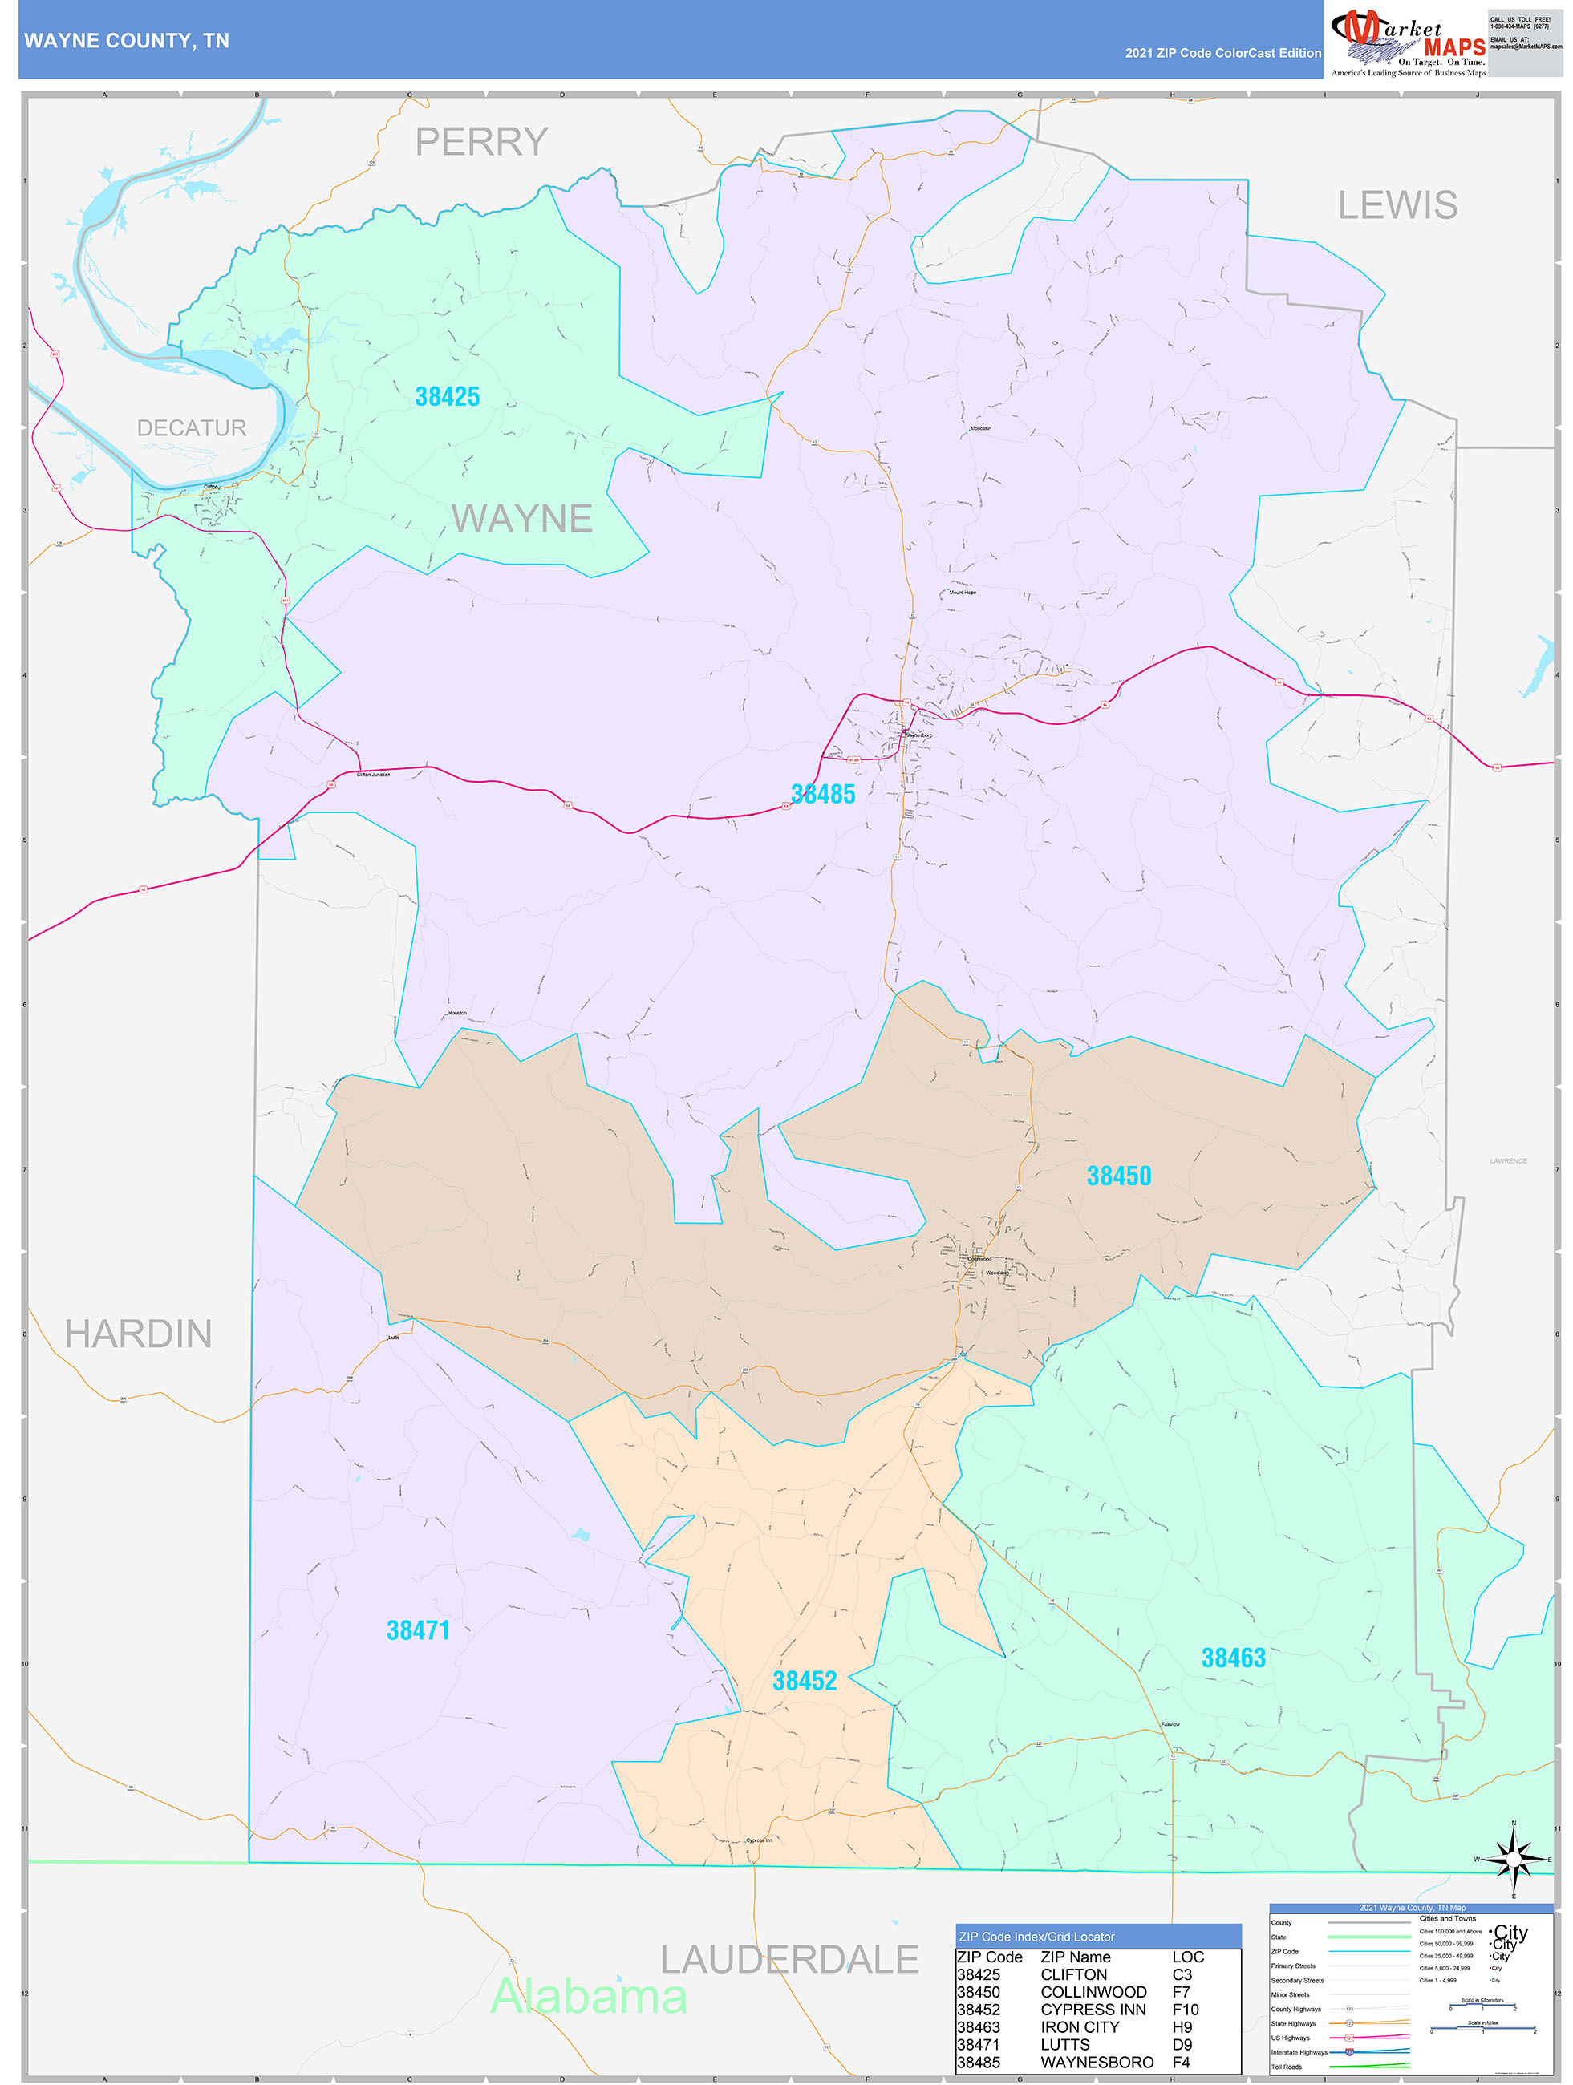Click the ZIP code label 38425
tap(447, 397)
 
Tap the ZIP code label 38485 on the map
tap(822, 795)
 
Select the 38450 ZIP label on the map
tap(1118, 1176)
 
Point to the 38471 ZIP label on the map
tap(418, 1630)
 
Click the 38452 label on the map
tap(805, 1681)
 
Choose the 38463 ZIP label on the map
tap(1233, 1658)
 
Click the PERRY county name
tap(481, 142)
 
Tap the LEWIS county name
tap(1397, 205)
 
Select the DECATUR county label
tap(192, 428)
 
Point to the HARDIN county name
tap(138, 1334)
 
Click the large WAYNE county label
tap(521, 518)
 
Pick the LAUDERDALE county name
tap(789, 1960)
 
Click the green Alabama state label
tap(589, 1998)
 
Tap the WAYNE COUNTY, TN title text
tap(127, 41)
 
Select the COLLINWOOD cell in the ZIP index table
tap(1093, 1992)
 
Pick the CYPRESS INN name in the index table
tap(1093, 2010)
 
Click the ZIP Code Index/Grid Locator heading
tap(1036, 1937)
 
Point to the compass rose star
tap(1514, 1860)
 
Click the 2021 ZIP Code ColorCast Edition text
tap(1222, 53)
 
